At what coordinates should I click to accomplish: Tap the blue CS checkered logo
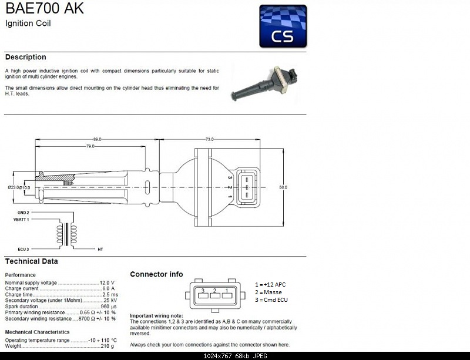tap(283, 26)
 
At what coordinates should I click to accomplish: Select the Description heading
tap(25, 57)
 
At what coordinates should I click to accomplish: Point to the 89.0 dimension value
tap(97, 139)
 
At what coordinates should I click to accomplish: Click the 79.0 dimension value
tap(90, 146)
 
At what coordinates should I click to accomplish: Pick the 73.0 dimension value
tap(209, 139)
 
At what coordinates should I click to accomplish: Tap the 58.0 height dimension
tap(283, 187)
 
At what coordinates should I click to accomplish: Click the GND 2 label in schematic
tap(23, 212)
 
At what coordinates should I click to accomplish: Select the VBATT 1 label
tap(21, 218)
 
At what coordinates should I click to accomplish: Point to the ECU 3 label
tap(23, 249)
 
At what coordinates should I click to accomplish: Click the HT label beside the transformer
tap(100, 249)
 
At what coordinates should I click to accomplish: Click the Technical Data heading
tap(31, 261)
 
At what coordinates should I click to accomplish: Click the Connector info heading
tap(156, 274)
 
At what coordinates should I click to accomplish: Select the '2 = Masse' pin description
tap(268, 292)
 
